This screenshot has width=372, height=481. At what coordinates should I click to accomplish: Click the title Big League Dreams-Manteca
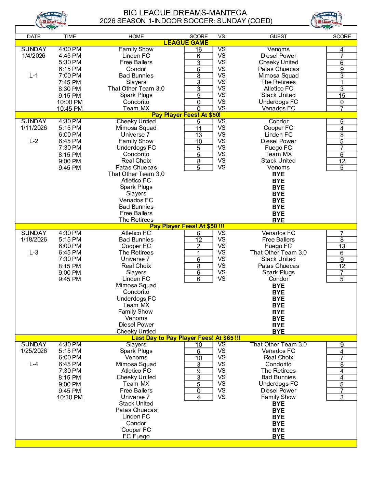[x=185, y=13]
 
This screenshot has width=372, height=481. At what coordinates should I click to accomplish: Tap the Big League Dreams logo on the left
[x=51, y=20]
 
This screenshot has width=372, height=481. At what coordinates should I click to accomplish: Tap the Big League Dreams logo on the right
[x=327, y=20]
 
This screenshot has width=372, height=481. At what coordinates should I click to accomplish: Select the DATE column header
[x=34, y=37]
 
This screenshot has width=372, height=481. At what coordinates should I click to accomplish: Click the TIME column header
[x=70, y=37]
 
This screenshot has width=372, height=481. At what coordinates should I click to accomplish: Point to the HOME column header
[x=136, y=37]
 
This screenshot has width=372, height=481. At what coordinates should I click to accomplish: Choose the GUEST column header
[x=278, y=37]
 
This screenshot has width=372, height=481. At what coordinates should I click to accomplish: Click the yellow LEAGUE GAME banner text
[x=186, y=43]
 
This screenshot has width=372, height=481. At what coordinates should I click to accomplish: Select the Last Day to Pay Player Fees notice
[x=186, y=338]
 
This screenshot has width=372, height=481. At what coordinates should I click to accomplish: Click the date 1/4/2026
[x=34, y=56]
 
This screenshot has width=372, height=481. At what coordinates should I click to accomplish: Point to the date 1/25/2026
[x=34, y=351]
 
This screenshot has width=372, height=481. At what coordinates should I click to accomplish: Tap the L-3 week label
[x=34, y=252]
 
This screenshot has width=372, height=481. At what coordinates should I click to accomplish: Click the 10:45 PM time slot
[x=70, y=109]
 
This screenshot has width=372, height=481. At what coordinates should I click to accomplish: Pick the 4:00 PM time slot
[x=70, y=49]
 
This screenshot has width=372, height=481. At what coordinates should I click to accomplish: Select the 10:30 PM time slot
[x=70, y=397]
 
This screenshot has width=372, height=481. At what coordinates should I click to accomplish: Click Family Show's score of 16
[x=198, y=50]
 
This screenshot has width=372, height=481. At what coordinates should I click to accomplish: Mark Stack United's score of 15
[x=342, y=96]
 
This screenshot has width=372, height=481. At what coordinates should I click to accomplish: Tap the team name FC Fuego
[x=136, y=436]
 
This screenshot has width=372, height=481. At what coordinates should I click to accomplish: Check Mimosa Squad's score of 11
[x=198, y=128]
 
